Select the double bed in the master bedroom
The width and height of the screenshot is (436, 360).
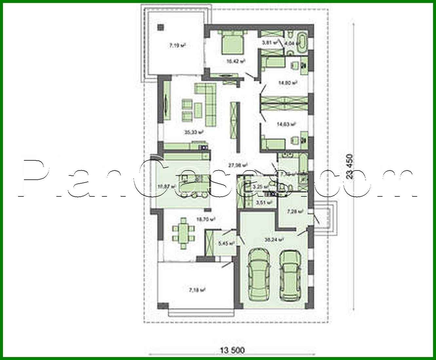[x=233, y=43]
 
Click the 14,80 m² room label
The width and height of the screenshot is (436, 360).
[x=288, y=83]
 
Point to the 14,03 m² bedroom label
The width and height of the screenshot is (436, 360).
[x=286, y=124]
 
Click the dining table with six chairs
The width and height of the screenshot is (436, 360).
[x=183, y=233]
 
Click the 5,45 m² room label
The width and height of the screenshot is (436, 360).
[x=226, y=244]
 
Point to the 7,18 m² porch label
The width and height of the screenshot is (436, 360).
[x=197, y=290]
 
